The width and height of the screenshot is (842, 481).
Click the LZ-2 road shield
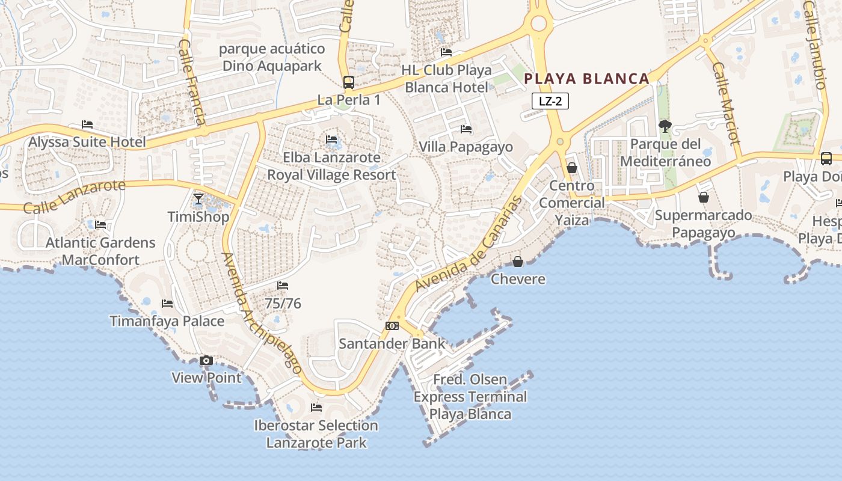tap(550, 101)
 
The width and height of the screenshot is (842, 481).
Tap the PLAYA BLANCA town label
tap(587, 78)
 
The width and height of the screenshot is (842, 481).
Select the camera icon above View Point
tap(206, 360)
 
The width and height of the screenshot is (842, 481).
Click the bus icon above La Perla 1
tap(349, 82)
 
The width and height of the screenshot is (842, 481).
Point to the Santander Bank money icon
tap(392, 326)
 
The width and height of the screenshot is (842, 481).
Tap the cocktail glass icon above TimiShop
tap(198, 199)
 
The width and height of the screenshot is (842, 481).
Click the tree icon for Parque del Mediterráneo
tap(665, 126)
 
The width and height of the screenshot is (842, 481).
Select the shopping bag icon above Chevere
tap(518, 262)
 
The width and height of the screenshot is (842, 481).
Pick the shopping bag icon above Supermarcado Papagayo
tap(703, 197)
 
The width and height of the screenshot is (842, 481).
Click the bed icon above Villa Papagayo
tap(466, 129)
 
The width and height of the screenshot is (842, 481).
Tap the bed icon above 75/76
tap(283, 286)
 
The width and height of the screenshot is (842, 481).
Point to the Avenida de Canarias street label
tap(467, 242)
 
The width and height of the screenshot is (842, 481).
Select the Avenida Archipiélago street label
tap(262, 314)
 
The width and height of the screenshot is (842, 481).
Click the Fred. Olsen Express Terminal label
tap(470, 397)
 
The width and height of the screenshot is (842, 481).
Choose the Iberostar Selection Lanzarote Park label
tap(316, 434)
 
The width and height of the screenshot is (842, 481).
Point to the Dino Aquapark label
tap(272, 57)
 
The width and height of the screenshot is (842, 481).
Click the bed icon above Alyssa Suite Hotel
tap(87, 124)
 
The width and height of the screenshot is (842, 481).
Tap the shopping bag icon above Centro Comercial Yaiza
tap(572, 168)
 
